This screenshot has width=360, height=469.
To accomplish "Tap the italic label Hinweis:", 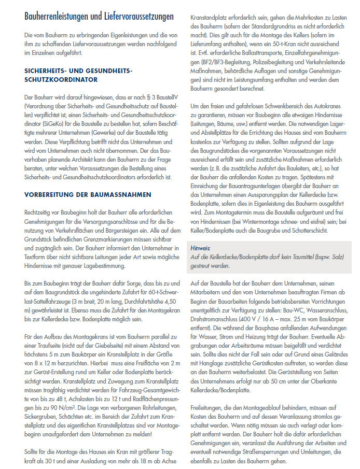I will [x=201, y=249].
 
